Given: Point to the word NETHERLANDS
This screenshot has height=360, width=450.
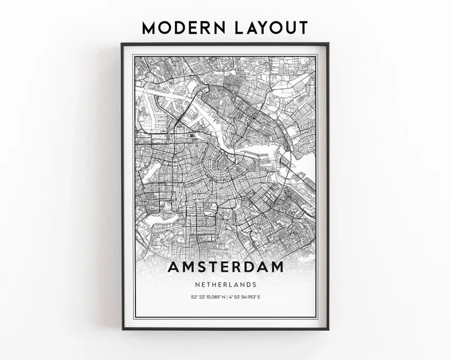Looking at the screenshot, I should pos(224,285).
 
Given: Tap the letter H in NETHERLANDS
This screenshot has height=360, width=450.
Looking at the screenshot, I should pos(213,285).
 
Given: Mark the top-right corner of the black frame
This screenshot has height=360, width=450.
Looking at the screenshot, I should pos(328,44).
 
